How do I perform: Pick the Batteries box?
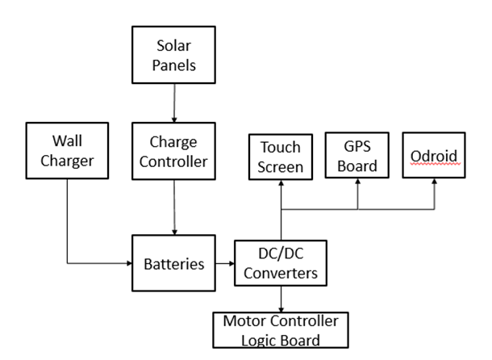tap(173, 263)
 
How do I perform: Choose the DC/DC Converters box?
tap(281, 263)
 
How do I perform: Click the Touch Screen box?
tap(281, 157)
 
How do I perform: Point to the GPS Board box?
tap(358, 155)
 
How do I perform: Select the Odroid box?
tap(435, 154)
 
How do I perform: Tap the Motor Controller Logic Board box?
tap(281, 330)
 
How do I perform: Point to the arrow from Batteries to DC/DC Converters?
tap(224, 264)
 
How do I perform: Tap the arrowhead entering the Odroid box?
tap(435, 182)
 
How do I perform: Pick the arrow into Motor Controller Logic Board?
tap(281, 300)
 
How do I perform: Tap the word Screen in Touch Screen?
tap(281, 168)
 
